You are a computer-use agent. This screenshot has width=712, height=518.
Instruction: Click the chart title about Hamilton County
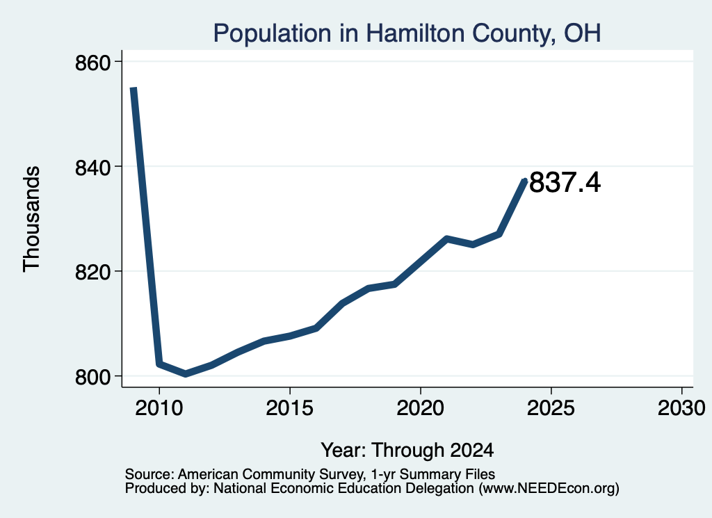click(x=407, y=33)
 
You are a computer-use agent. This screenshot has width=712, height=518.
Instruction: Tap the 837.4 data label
click(x=565, y=182)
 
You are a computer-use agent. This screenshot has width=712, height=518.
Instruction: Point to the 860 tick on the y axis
click(x=93, y=63)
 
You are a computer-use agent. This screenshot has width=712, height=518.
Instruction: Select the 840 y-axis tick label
click(x=93, y=168)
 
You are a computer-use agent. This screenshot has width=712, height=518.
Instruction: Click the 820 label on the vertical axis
click(x=93, y=273)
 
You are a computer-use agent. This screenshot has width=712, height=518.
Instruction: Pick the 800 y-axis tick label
click(x=93, y=378)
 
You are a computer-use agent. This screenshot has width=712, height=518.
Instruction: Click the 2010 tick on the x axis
click(x=159, y=407)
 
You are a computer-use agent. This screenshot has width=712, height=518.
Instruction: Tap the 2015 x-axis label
click(x=290, y=407)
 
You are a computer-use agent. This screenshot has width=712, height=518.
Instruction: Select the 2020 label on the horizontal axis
click(x=421, y=407)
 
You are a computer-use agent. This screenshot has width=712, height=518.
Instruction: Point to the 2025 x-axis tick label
click(x=551, y=407)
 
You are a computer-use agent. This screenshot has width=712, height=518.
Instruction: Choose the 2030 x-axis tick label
click(x=681, y=407)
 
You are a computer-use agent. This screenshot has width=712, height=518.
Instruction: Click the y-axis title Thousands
click(x=31, y=219)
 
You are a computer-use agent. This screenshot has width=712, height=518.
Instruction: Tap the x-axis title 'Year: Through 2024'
click(x=407, y=451)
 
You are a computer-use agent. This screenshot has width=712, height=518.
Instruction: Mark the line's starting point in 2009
click(x=133, y=88)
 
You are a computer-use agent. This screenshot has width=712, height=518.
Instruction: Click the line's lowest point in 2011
click(x=185, y=373)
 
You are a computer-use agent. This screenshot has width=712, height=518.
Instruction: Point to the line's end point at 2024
click(x=525, y=180)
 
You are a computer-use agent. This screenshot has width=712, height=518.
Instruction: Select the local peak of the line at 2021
click(x=447, y=238)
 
